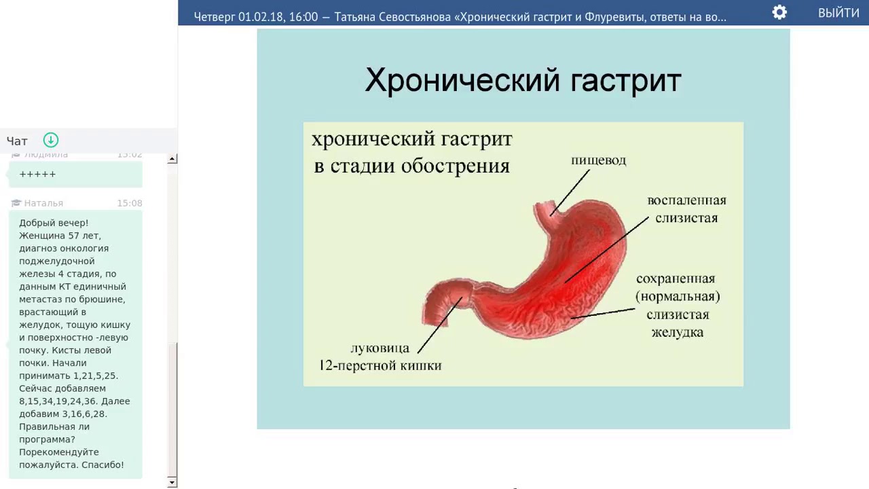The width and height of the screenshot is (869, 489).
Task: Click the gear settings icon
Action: coord(779,12)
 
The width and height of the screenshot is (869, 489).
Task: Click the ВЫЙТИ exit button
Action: coord(838,13)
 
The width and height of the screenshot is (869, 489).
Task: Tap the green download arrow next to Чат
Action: coord(51,140)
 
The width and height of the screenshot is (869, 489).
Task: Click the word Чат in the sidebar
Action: coord(17,141)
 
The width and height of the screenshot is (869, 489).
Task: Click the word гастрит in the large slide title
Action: coord(625,80)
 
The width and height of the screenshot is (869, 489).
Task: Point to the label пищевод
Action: coord(598,160)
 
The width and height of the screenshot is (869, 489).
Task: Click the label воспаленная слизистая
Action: coord(686,209)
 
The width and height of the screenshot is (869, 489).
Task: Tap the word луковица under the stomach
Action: coord(380,348)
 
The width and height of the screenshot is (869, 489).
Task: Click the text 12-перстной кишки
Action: coord(380,365)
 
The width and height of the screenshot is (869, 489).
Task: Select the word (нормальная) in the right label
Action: coord(678,297)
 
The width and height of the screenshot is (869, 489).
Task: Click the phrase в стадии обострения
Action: coord(411,166)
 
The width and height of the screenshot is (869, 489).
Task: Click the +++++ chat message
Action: coord(38,175)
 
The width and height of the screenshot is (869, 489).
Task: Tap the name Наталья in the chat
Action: coord(43,203)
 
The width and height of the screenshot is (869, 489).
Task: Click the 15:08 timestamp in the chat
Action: coord(129,203)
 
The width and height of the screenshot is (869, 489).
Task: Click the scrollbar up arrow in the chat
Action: coord(172,159)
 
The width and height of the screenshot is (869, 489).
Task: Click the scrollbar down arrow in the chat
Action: coord(172,482)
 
